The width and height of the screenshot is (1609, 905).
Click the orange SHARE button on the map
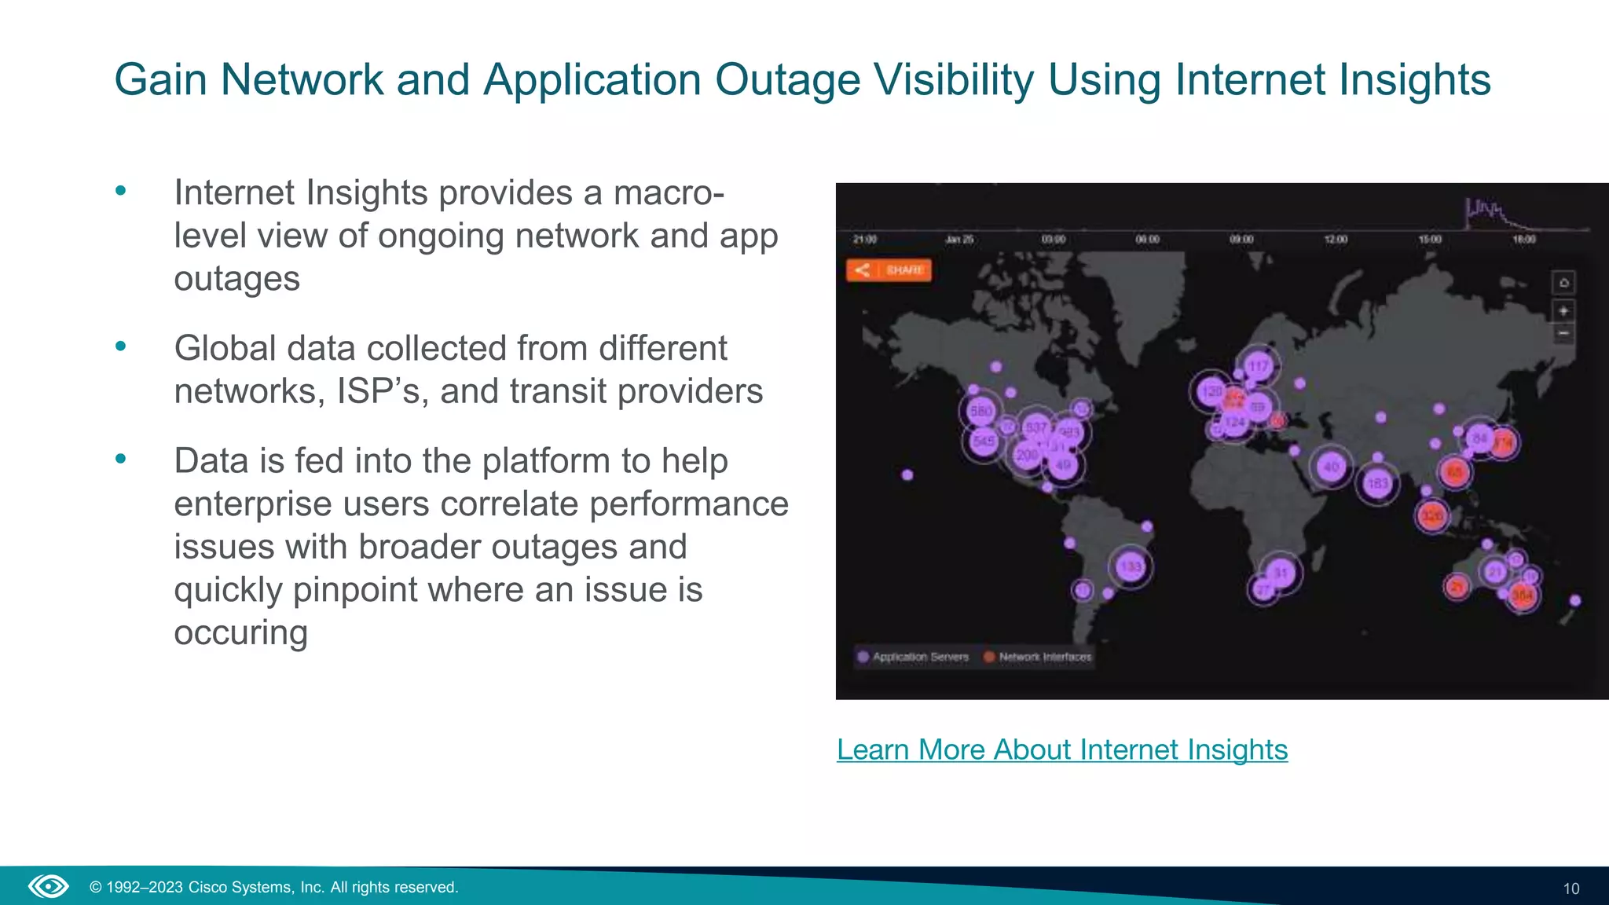[x=889, y=270]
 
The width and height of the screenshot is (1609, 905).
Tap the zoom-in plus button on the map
[x=1563, y=311]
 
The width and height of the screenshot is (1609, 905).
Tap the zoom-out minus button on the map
[x=1563, y=334]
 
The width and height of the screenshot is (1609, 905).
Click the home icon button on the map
[x=1563, y=283]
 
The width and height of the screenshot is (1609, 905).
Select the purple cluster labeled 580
[x=981, y=411]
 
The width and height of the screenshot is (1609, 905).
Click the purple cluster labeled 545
[x=984, y=442]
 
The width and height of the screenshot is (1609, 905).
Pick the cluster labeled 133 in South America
[x=1131, y=566]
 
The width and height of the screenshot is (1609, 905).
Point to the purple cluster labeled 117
[x=1259, y=366]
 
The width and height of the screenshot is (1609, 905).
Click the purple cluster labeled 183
[x=1378, y=483]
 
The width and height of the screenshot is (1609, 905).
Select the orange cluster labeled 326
[x=1431, y=516]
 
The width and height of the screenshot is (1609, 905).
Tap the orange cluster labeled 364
[x=1523, y=595]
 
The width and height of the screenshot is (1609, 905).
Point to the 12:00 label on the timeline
[x=1336, y=239]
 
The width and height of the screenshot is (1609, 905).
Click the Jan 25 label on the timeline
[x=959, y=239]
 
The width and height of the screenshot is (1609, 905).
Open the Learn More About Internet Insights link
[x=1061, y=749]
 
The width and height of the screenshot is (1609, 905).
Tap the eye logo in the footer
[x=49, y=887]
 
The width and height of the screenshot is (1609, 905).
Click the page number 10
[x=1571, y=889]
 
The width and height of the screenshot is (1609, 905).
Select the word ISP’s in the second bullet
[x=382, y=391]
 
